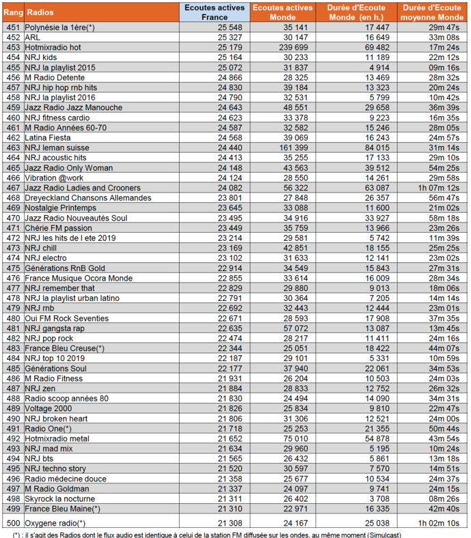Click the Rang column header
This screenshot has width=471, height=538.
coord(12,12)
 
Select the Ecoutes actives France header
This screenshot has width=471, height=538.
coord(210,12)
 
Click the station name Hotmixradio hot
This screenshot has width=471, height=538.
coord(53,47)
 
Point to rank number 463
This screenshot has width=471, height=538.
coord(12,147)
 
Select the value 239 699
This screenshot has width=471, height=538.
coord(295,47)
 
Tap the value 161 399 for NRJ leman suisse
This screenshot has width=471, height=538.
coord(295,147)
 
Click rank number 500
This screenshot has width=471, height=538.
coord(12,523)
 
